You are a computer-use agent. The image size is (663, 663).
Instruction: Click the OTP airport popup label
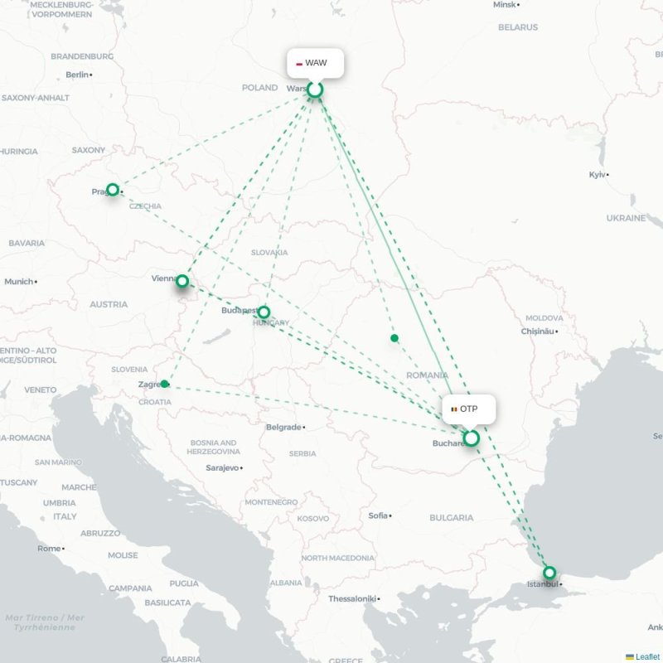pos(469,409)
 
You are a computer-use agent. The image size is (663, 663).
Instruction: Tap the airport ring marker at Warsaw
pos(315,90)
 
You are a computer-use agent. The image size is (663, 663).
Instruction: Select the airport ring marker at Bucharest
pos(471,438)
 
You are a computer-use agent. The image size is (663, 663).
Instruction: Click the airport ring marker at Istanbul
pos(549,573)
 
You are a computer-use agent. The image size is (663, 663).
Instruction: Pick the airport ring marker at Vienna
pos(182,281)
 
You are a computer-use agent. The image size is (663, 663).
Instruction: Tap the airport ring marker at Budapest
pos(264,312)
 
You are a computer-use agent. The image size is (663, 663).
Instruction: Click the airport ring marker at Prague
pos(113,190)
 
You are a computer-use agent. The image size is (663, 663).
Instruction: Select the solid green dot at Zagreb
pos(165,384)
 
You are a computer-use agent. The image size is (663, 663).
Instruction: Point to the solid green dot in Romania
pos(394,338)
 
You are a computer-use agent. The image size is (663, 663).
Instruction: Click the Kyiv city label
pos(598,175)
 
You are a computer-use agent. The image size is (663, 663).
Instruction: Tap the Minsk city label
pos(504,5)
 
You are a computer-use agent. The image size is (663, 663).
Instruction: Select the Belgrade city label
pos(283,428)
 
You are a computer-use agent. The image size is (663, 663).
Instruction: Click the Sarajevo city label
pos(222,468)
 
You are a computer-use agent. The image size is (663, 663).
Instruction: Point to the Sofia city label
pos(378,515)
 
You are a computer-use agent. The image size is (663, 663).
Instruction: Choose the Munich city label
pos(19,282)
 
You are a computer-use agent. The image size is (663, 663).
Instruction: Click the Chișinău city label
pos(535,331)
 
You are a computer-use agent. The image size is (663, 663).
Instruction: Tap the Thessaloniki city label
pos(352,598)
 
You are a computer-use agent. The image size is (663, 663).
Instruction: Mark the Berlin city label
pos(76,75)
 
